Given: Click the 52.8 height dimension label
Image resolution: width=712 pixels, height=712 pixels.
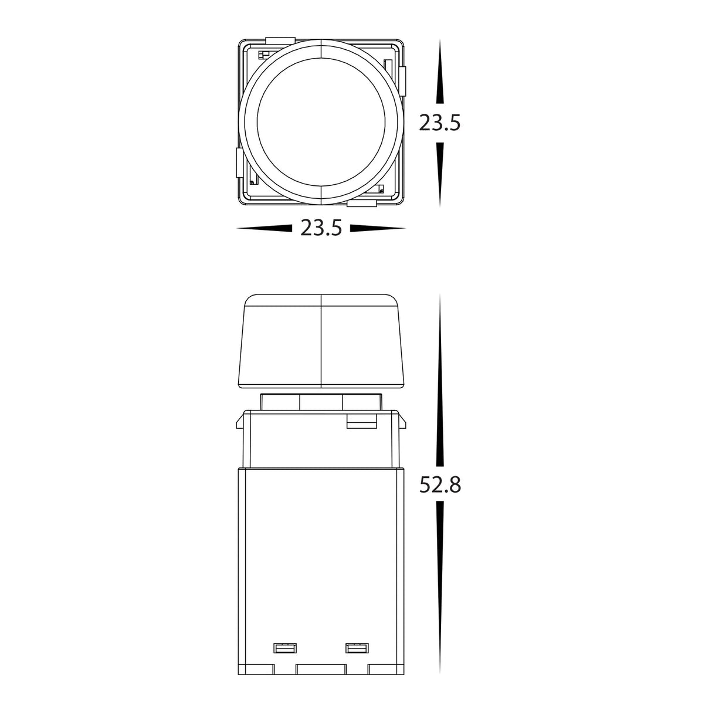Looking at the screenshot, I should pos(440,485).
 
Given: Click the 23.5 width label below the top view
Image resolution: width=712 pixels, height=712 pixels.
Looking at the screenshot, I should pos(321,228).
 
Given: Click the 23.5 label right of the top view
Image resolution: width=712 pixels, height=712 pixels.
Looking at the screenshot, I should pos(440,123).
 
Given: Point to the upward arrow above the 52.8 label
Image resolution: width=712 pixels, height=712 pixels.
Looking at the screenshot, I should pos(440,381).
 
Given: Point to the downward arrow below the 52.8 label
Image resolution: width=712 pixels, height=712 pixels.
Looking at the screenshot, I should pos(440,586).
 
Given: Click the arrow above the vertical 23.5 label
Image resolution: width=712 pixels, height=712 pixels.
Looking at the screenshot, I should pos(440,73).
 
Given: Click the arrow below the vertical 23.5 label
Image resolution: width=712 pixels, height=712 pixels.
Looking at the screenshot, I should pos(440,173).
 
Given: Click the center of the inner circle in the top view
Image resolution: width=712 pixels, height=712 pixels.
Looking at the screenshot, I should pos(321,124).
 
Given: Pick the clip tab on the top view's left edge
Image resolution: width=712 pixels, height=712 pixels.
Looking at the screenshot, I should pos(239,162).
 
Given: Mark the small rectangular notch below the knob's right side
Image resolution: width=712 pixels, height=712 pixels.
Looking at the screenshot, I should pos(361,421).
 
